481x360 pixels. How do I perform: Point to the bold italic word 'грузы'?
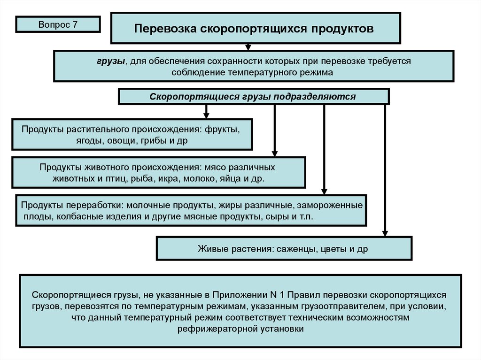click(111, 61)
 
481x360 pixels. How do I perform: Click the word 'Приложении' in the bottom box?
click(237, 295)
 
